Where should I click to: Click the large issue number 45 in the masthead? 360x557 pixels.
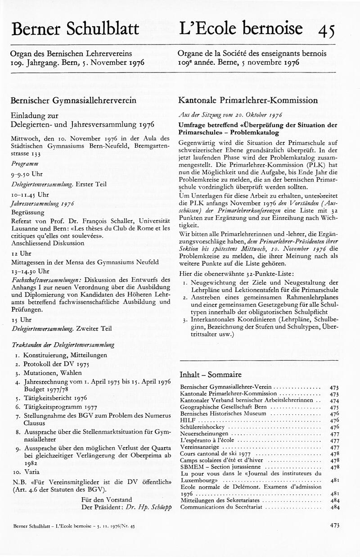click(326, 30)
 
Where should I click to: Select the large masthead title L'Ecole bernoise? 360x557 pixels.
click(241, 28)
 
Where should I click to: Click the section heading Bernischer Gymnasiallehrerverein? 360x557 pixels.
click(73, 100)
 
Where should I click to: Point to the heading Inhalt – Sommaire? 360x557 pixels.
click(211, 374)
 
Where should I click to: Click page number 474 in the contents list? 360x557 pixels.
click(334, 400)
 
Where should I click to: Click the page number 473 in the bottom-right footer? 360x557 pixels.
click(334, 525)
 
